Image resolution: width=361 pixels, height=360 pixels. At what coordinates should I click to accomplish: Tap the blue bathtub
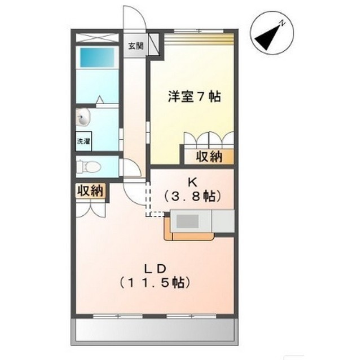(97, 57)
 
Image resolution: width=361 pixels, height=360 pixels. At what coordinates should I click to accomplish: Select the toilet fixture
(89, 166)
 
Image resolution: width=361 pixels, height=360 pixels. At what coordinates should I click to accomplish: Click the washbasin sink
(83, 117)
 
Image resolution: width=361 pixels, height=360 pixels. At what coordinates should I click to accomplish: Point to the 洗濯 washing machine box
(84, 141)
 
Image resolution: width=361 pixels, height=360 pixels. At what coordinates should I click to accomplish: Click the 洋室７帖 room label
(194, 96)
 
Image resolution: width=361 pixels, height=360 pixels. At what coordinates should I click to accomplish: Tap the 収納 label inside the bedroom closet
(209, 157)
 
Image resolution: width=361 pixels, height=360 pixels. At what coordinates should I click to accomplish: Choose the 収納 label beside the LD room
(90, 191)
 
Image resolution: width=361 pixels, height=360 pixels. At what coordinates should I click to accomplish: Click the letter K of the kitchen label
(192, 183)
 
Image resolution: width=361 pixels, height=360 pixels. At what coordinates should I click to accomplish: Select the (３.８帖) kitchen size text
(192, 196)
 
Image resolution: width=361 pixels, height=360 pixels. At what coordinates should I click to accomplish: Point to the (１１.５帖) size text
(155, 283)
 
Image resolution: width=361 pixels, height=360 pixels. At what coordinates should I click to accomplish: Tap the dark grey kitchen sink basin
(187, 221)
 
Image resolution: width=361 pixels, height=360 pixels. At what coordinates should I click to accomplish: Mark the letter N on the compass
(282, 23)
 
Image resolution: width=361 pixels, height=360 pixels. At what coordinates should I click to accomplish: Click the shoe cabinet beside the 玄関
(154, 45)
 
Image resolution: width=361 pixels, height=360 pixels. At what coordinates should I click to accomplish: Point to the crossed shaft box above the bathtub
(97, 38)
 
